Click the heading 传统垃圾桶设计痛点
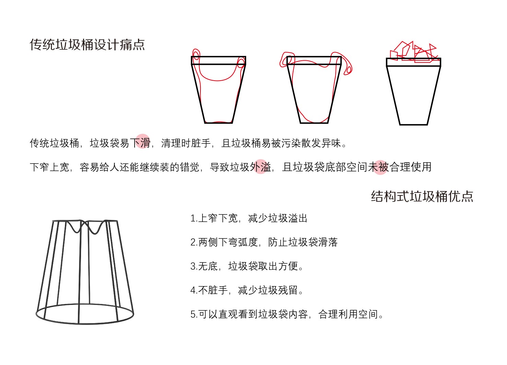tap(88, 45)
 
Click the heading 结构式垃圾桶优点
tap(422, 197)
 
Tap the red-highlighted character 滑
tap(145, 143)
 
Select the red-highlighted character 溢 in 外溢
tap(265, 167)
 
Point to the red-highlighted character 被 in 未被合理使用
tap(383, 167)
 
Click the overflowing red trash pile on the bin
tap(413, 52)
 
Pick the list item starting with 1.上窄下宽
tap(249, 218)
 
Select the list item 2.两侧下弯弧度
tap(264, 242)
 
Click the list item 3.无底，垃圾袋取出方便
tap(247, 266)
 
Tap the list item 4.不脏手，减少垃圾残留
tap(247, 290)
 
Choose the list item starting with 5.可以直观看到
tap(287, 314)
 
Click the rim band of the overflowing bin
tap(413, 62)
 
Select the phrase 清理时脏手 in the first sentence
tap(186, 143)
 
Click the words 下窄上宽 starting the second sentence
tap(50, 167)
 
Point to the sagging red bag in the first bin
tap(217, 78)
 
